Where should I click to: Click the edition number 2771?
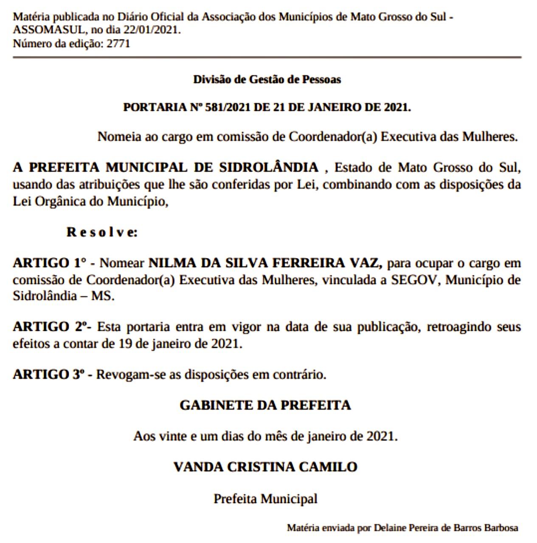click(x=118, y=43)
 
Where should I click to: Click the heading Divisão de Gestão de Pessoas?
click(x=267, y=79)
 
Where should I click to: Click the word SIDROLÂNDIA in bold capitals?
click(x=268, y=168)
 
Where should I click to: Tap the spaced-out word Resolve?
click(x=102, y=232)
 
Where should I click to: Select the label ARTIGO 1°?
click(x=50, y=263)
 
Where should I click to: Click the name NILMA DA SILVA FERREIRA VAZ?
click(x=265, y=263)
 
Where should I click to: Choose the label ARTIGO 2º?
click(x=51, y=327)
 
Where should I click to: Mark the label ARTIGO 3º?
click(x=48, y=375)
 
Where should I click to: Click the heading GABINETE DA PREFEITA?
click(x=265, y=405)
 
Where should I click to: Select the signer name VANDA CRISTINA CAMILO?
click(x=265, y=467)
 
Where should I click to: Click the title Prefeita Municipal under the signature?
click(x=265, y=498)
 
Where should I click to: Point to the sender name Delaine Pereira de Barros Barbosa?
click(x=446, y=528)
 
